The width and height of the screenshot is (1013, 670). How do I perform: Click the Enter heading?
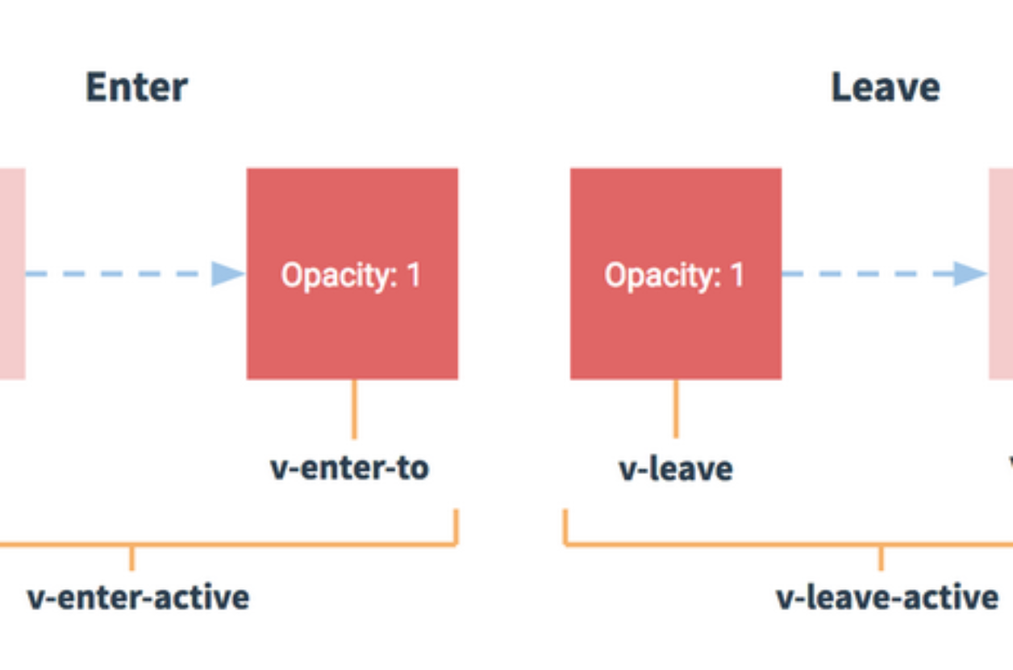tap(136, 87)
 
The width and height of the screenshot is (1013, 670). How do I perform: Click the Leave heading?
tap(886, 87)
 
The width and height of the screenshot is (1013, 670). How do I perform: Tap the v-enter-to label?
tap(349, 468)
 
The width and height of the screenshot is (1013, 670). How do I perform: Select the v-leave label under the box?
tap(676, 468)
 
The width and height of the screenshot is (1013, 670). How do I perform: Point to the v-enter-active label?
tap(139, 597)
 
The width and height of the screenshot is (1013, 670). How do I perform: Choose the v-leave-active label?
tap(887, 597)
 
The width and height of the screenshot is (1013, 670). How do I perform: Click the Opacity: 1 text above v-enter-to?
tap(351, 275)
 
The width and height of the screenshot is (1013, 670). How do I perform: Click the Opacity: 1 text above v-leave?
tap(674, 275)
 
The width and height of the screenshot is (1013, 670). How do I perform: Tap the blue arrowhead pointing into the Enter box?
tap(228, 274)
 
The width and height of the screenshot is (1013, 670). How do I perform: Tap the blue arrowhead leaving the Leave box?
tap(970, 274)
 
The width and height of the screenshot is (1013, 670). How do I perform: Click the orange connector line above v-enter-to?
tap(354, 408)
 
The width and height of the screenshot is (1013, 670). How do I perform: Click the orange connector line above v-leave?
tap(676, 408)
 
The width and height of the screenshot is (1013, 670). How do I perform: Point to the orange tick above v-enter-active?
tap(131, 558)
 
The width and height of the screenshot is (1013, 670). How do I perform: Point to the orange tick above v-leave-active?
tap(881, 558)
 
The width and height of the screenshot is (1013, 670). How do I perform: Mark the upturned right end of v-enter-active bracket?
tap(456, 509)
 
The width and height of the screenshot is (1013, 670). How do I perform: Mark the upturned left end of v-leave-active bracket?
tap(565, 509)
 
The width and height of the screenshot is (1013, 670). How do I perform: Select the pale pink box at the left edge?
tap(13, 274)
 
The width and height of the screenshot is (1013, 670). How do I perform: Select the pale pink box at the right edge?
tap(1001, 274)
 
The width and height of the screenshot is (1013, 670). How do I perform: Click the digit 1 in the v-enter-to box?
tap(414, 274)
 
